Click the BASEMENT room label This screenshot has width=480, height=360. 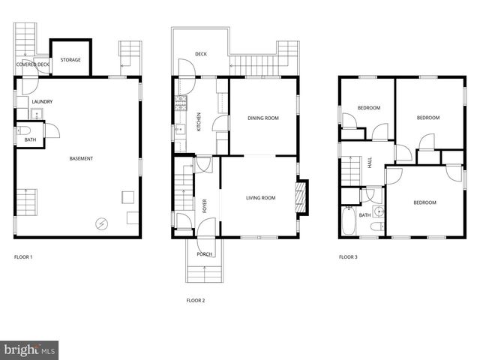(82, 158)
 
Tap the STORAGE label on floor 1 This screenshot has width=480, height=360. (70, 60)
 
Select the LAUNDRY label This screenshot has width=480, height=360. (42, 102)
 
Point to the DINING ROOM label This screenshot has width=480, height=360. (263, 118)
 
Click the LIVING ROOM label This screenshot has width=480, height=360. (261, 198)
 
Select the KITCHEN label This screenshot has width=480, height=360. (199, 121)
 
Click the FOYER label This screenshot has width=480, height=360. (204, 205)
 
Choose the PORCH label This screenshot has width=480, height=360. (204, 254)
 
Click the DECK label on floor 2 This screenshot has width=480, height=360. (201, 54)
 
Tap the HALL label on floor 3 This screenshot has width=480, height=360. (370, 162)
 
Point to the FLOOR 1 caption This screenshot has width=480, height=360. (23, 257)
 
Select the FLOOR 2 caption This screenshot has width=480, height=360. (195, 300)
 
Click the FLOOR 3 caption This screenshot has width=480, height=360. (348, 257)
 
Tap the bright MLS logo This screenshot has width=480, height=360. (30, 349)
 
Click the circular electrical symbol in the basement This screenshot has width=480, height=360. (100, 222)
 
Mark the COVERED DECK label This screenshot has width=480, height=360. (33, 64)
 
